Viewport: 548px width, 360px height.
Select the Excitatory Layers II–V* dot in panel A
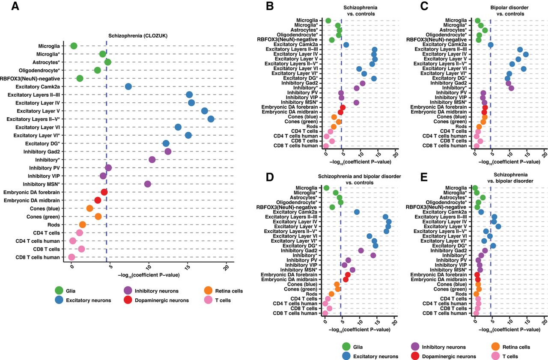pyautogui.click(x=211, y=119)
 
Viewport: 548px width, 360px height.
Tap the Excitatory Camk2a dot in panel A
pyautogui.click(x=128, y=87)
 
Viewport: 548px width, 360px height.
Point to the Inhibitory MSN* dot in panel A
pyautogui.click(x=148, y=184)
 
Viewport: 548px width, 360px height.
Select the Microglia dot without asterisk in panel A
pyautogui.click(x=74, y=46)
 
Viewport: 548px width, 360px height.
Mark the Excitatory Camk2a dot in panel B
pyautogui.click(x=346, y=45)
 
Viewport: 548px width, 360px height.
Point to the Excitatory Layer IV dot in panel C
pyautogui.click(x=526, y=54)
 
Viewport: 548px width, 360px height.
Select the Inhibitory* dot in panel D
pyautogui.click(x=373, y=255)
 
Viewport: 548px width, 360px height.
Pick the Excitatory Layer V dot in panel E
pyautogui.click(x=498, y=226)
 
